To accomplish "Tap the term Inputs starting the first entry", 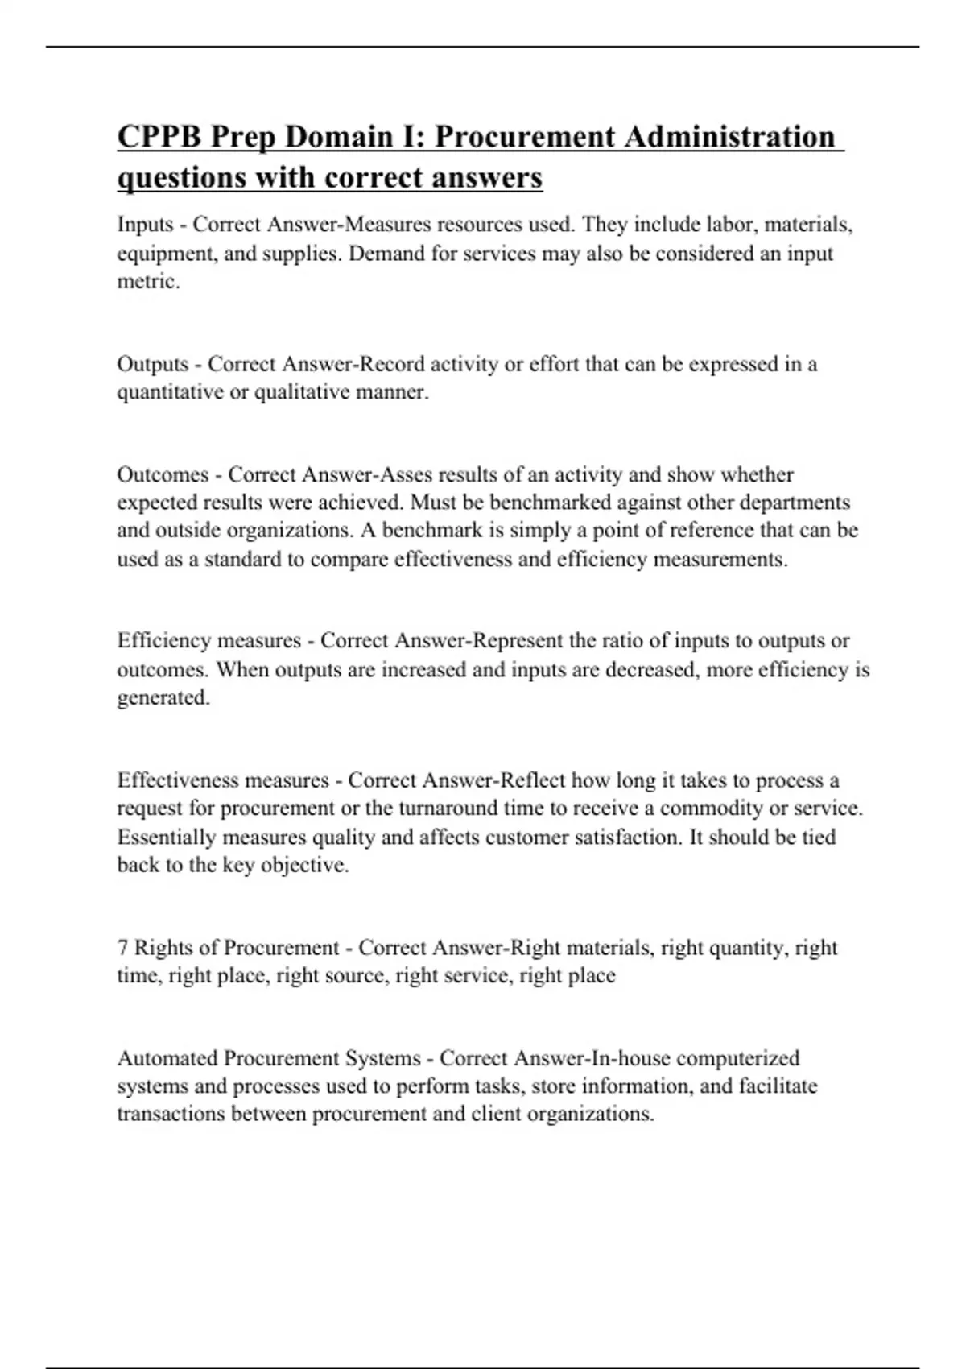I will click(145, 224).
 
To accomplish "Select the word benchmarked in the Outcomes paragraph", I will click(548, 503).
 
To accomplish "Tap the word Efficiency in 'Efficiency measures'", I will click(163, 641).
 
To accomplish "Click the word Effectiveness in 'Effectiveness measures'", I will click(177, 780).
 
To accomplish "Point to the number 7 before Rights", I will click(122, 948).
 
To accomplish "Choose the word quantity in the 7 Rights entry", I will click(748, 948).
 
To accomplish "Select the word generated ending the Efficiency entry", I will click(162, 698).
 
